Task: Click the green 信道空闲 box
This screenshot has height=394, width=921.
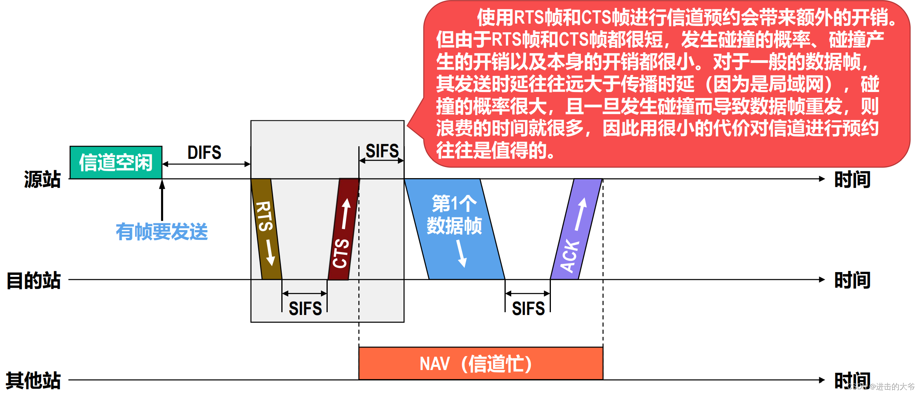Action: click(x=116, y=162)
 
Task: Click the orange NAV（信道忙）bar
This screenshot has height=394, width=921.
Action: click(x=481, y=363)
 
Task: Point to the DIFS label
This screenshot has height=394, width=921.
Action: click(x=204, y=153)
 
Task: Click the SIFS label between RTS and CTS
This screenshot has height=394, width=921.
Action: click(x=305, y=308)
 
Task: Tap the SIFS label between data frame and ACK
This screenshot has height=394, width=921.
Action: click(x=528, y=308)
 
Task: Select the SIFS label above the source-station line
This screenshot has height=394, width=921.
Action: click(x=382, y=151)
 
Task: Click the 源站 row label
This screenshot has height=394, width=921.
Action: click(x=42, y=179)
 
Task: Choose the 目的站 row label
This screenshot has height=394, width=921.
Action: click(x=34, y=280)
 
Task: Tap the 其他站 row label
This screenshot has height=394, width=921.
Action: click(x=33, y=381)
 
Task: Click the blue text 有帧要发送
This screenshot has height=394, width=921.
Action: click(x=161, y=232)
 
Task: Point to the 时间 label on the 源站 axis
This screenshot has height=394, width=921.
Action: click(x=852, y=179)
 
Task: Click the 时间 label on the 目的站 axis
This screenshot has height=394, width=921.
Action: click(x=852, y=280)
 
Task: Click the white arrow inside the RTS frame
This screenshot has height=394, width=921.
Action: click(x=270, y=252)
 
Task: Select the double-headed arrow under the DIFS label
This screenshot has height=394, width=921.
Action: click(x=206, y=164)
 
